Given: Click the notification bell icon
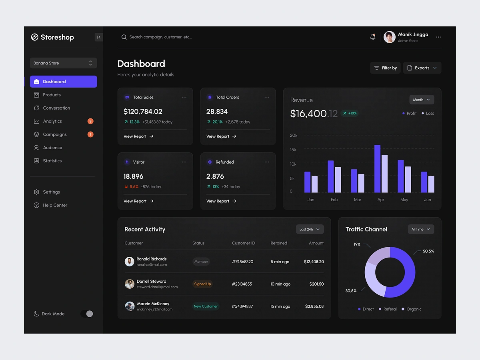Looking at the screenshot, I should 373,37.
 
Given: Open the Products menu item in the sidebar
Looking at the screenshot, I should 52,95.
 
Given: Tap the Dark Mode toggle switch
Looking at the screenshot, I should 87,314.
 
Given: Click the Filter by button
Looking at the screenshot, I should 385,68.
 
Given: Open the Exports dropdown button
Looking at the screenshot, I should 422,68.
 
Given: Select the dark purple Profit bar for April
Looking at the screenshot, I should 377,168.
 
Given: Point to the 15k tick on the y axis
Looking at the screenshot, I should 293,150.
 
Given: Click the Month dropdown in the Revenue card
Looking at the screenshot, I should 422,100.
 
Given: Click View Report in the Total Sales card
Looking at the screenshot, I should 138,136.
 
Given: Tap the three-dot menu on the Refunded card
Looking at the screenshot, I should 267,162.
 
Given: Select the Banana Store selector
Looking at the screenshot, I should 63,63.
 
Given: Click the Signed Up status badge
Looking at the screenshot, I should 202,284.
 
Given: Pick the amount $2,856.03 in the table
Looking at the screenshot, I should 314,306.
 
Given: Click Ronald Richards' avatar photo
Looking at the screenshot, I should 129,262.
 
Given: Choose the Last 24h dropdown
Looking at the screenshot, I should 310,229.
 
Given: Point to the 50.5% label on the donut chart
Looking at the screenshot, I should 428,251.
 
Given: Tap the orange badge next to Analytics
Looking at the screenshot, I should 90,121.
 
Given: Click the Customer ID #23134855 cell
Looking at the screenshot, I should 242,284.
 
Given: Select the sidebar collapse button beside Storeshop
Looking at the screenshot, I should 99,37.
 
